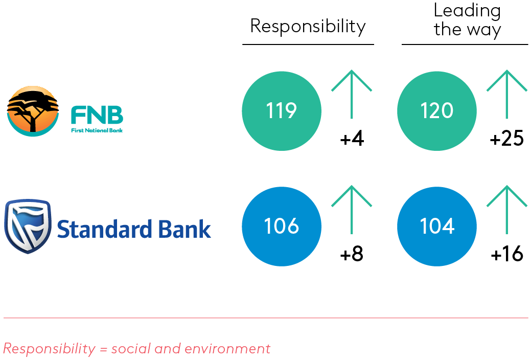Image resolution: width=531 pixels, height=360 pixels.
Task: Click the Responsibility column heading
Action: pyautogui.click(x=308, y=27)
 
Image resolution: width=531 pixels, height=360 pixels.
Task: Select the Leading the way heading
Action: pyautogui.click(x=467, y=20)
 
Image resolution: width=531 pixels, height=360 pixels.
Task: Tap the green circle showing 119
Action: pyautogui.click(x=282, y=111)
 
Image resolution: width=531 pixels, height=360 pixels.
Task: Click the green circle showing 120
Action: pyautogui.click(x=437, y=111)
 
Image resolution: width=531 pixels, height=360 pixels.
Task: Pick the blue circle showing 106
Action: pyautogui.click(x=282, y=227)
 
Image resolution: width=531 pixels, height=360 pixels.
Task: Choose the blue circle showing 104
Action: pyautogui.click(x=437, y=227)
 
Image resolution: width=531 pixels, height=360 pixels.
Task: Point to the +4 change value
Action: pyautogui.click(x=352, y=139)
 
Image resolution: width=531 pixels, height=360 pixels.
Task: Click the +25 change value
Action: pyautogui.click(x=506, y=139)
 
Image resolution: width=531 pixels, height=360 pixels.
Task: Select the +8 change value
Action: pyautogui.click(x=352, y=255)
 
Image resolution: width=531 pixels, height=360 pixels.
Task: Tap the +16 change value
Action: pyautogui.click(x=506, y=255)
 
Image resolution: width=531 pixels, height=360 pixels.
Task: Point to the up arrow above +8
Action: pyautogui.click(x=352, y=209)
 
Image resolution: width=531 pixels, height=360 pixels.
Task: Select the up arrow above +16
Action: pyautogui.click(x=506, y=209)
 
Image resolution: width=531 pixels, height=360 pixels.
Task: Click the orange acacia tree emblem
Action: pyautogui.click(x=33, y=111)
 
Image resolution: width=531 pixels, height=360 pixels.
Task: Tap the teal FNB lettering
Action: pyautogui.click(x=97, y=115)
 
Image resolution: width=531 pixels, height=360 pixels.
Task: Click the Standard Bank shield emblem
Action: pyautogui.click(x=27, y=226)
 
